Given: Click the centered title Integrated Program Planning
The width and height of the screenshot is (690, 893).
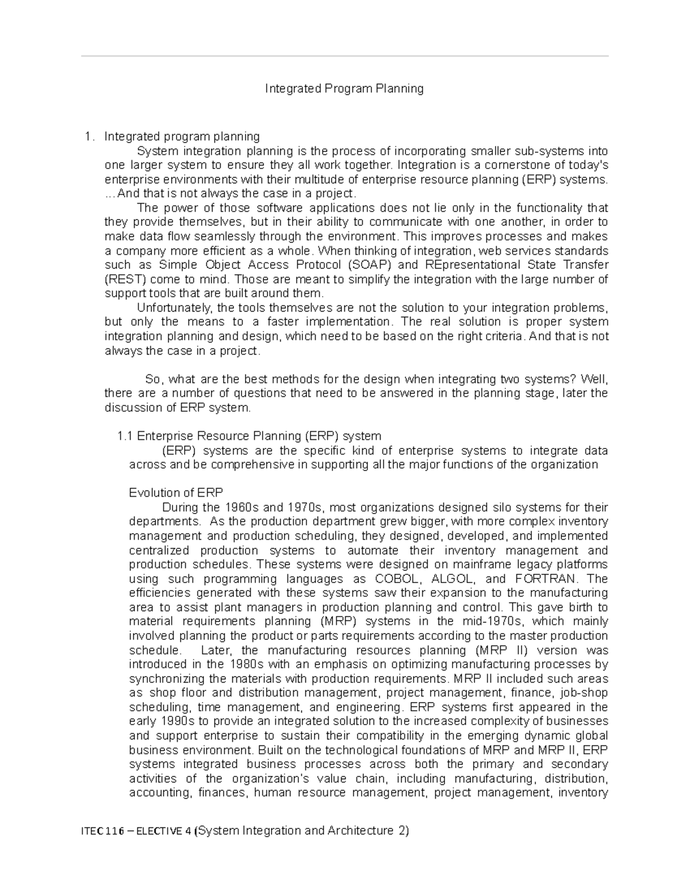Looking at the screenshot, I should pos(344,89).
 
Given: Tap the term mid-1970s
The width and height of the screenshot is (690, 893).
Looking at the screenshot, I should pos(493,622).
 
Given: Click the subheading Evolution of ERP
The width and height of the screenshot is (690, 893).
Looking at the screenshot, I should pos(176,493).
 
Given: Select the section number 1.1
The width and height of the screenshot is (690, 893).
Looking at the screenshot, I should pos(125,436).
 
